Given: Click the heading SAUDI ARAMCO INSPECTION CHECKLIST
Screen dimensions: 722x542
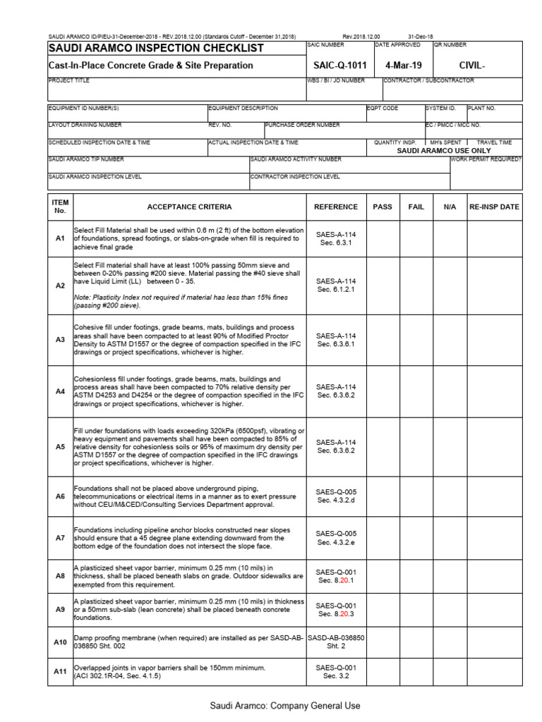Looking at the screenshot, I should pos(155,49).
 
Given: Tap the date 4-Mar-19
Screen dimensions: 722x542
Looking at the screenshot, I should pos(400,66).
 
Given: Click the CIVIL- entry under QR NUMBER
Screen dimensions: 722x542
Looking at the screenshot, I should pos(472,66).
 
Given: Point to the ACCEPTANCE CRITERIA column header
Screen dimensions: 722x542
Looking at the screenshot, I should pos(188,207).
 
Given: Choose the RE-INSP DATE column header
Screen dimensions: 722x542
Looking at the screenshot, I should pos(494,207).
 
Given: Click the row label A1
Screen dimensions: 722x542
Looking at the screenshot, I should pos(60,239).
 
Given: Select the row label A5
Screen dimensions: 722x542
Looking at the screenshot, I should pos(60,446).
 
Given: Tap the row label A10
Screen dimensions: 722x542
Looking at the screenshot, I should pos(60,642).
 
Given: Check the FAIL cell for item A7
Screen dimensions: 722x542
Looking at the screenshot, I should pos(416,538).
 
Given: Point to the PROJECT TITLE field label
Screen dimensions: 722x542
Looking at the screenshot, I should pos(69,80).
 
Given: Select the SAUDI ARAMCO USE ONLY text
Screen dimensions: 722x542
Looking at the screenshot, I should pos(443,151).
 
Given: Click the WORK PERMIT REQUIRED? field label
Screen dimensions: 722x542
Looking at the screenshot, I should pos(486,159).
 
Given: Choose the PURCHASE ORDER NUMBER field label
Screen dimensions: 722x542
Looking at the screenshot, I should pos(303,125).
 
